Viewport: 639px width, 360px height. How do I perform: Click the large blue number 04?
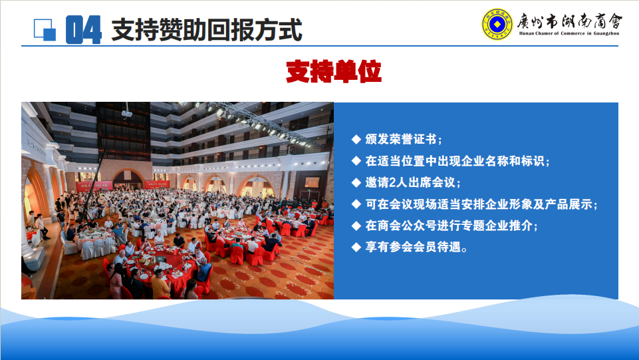click(x=84, y=30)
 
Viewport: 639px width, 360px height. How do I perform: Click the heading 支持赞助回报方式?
click(x=207, y=30)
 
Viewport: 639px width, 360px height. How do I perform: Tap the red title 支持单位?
click(x=333, y=71)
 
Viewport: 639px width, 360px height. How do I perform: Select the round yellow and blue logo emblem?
click(x=497, y=25)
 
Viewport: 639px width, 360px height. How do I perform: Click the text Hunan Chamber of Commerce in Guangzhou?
click(x=569, y=33)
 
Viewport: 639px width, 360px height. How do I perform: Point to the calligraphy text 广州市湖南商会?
click(x=569, y=21)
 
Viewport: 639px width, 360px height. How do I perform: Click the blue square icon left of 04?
click(x=45, y=30)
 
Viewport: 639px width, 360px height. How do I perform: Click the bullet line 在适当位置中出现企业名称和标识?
click(x=457, y=161)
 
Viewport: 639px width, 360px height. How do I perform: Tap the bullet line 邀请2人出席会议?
click(x=413, y=182)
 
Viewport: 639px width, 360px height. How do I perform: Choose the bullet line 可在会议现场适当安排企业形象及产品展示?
click(x=481, y=204)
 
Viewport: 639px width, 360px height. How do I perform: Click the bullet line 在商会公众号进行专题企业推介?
click(x=451, y=226)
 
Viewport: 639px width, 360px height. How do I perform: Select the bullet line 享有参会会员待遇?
click(x=416, y=247)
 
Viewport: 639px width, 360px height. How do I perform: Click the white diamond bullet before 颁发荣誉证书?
click(x=356, y=140)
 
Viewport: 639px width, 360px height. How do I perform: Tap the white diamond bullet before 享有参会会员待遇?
click(x=356, y=247)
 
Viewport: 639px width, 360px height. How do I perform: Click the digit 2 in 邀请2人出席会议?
click(x=393, y=182)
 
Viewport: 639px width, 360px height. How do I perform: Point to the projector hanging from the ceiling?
click(x=127, y=113)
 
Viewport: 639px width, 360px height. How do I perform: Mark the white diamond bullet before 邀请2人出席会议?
click(x=356, y=182)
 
